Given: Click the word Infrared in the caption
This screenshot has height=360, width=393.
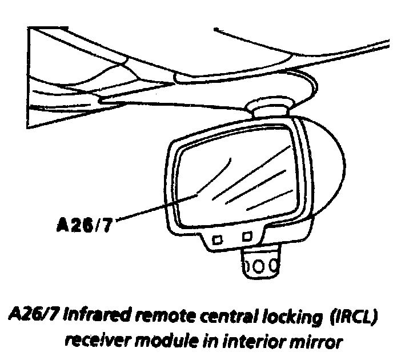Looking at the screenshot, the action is (x=93, y=317).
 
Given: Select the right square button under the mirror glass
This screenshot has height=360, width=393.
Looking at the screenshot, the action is (x=247, y=235).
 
